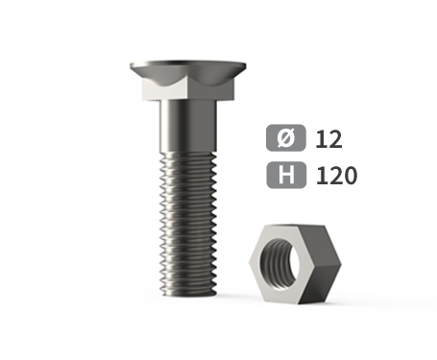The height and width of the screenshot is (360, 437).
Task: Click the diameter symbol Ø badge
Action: [x=286, y=137]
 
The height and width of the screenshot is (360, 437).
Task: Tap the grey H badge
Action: [x=286, y=175]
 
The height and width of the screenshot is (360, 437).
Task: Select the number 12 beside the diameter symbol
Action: [x=328, y=139]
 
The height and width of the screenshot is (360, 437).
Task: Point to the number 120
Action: [x=336, y=176]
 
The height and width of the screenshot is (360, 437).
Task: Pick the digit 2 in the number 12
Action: [x=335, y=139]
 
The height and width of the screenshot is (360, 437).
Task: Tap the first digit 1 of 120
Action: [x=321, y=176]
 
